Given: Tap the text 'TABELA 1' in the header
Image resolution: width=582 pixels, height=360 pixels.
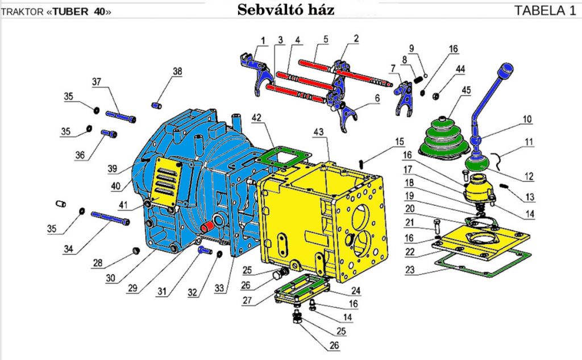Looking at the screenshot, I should click(x=545, y=10).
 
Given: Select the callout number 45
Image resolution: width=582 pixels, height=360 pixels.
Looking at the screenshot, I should click(x=467, y=90).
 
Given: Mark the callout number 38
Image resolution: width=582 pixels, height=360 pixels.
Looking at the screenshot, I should click(x=177, y=72).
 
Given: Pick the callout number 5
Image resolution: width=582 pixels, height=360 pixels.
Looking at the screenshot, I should click(x=325, y=39).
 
